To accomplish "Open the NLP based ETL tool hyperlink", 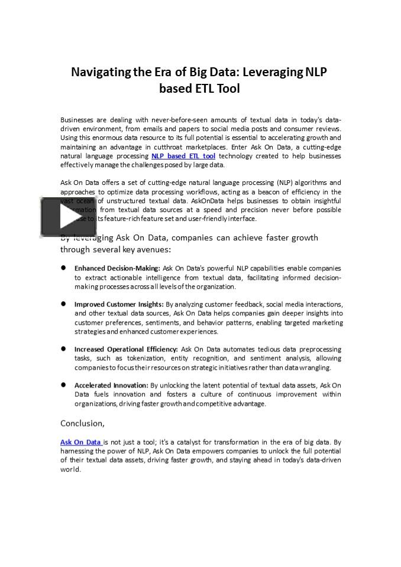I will pyautogui.click(x=183, y=156).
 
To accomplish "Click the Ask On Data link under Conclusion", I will pyautogui.click(x=81, y=442).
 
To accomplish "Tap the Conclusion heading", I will pyautogui.click(x=82, y=423).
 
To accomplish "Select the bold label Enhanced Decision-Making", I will pyautogui.click(x=117, y=268).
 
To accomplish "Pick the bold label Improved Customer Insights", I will pyautogui.click(x=119, y=304).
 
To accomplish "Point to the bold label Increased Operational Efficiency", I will pyautogui.click(x=126, y=349).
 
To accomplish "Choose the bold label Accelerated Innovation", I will pyautogui.click(x=111, y=385).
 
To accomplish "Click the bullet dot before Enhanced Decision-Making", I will pyautogui.click(x=63, y=268).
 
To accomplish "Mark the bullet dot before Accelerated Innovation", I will pyautogui.click(x=63, y=384).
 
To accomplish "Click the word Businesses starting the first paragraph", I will pyautogui.click(x=76, y=120).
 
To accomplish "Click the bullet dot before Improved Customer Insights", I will pyautogui.click(x=63, y=304).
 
